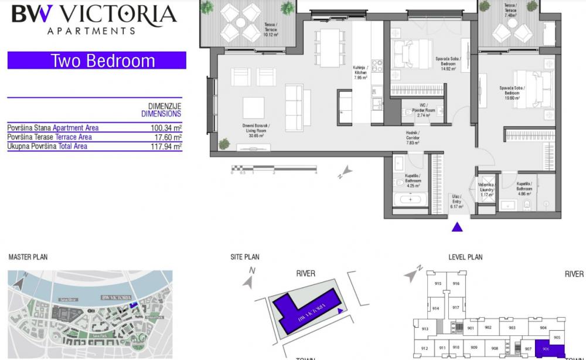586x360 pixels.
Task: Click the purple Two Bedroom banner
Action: [x=97, y=60]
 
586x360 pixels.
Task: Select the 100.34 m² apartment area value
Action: [x=166, y=128]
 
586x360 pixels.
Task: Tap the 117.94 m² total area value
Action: [x=166, y=147]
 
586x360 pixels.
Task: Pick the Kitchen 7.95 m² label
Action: [x=360, y=73]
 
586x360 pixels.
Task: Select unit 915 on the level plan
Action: [x=437, y=284]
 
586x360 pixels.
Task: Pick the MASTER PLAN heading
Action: [x=28, y=257]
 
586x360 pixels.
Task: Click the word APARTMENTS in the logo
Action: [x=91, y=30]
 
